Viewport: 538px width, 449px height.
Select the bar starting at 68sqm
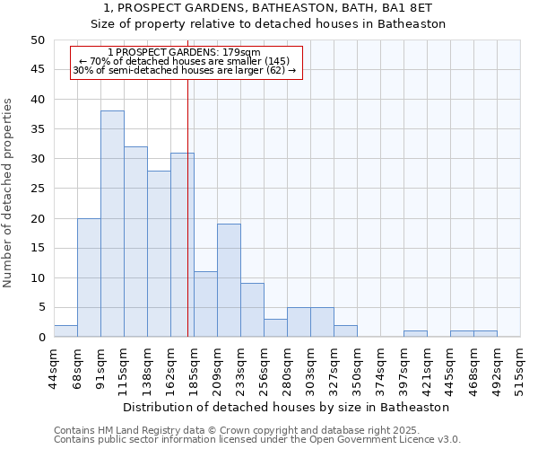(x=89, y=277)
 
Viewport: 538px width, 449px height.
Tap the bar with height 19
(x=229, y=280)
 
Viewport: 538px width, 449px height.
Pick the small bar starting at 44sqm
(x=65, y=331)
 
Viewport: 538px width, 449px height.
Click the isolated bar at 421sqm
(x=415, y=334)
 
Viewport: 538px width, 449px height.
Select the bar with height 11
(x=205, y=304)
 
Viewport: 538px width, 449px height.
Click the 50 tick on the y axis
(x=37, y=40)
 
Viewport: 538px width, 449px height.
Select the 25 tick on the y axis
(x=37, y=189)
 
